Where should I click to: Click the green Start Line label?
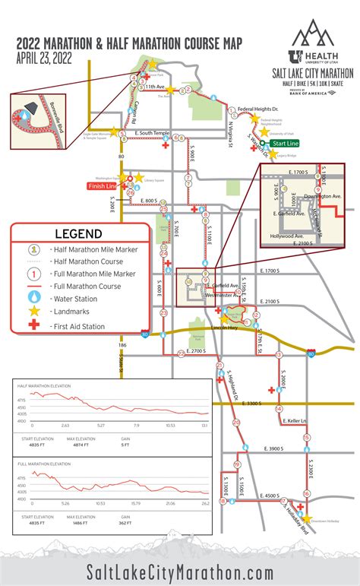pyautogui.click(x=286, y=142)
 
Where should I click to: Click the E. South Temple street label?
pyautogui.click(x=149, y=133)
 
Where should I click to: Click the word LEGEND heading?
pyautogui.click(x=79, y=234)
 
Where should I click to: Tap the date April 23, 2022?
pyautogui.click(x=43, y=55)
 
